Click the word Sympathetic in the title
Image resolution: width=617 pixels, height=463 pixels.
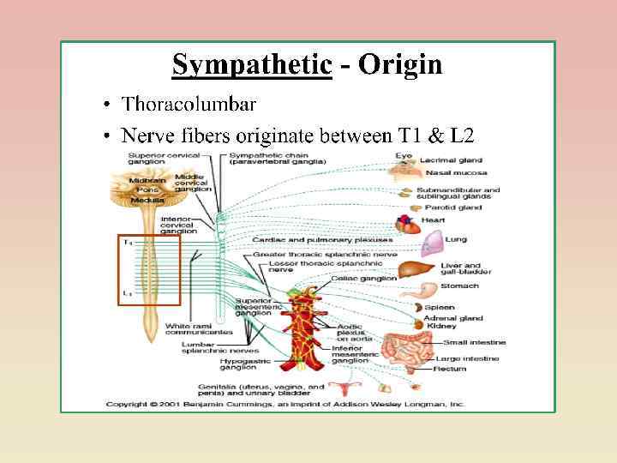pos(251,65)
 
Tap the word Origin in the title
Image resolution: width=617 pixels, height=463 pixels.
pos(400,65)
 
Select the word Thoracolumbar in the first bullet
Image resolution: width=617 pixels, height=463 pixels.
pos(189,105)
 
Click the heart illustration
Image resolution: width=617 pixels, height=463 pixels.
pos(409,225)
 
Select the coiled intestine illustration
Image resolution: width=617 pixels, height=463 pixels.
pos(401,346)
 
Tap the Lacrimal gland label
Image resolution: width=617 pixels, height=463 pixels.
pos(451,160)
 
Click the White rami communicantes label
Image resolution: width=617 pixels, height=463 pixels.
pos(199,329)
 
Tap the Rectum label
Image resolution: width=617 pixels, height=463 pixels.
pos(451,369)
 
